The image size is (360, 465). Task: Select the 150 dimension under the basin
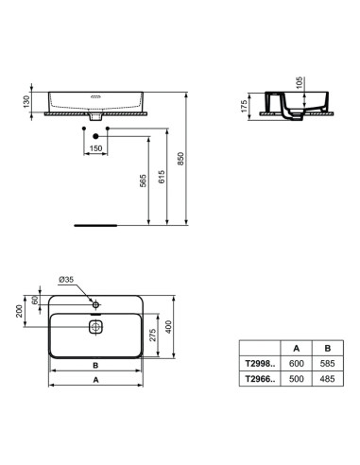coord(95,148)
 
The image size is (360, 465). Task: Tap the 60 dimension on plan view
coord(36,301)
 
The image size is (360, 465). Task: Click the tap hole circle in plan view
coord(96,305)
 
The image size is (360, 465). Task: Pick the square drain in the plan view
coord(95,327)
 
